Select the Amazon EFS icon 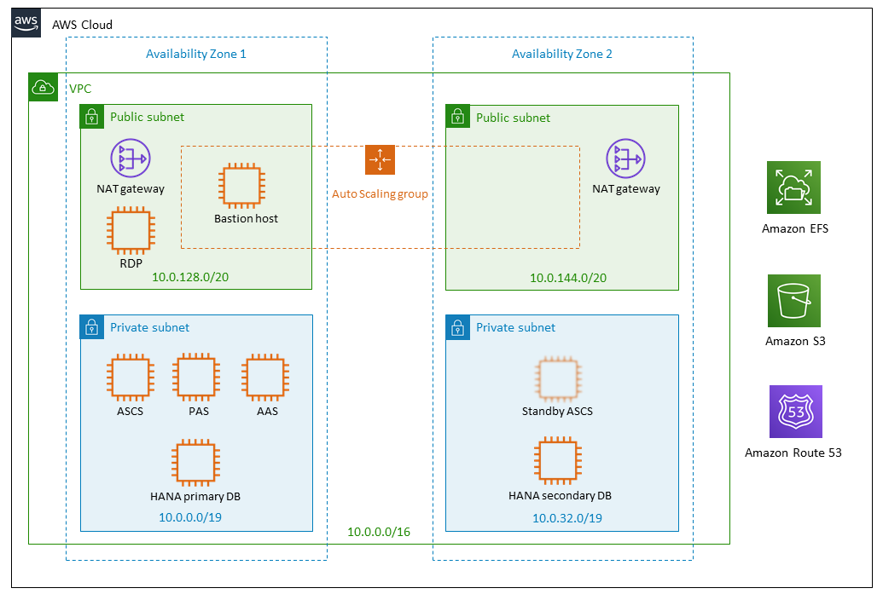tap(793, 187)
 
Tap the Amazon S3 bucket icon tap(793, 301)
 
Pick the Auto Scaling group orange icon tap(380, 160)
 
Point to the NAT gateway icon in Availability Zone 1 tap(130, 159)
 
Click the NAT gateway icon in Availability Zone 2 tap(625, 160)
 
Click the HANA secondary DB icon tap(559, 461)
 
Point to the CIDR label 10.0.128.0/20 tap(189, 277)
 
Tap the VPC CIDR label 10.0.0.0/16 tap(379, 532)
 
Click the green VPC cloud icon tap(43, 87)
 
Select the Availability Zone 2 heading tap(561, 54)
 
